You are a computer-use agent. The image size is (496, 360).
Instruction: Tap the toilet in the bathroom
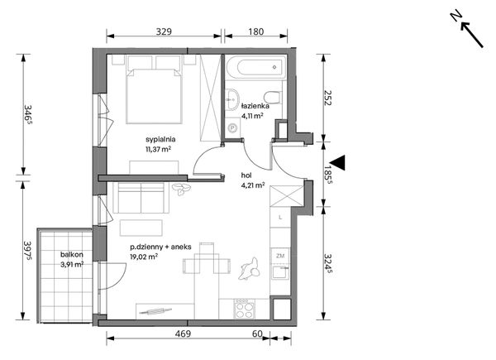[x=273, y=97]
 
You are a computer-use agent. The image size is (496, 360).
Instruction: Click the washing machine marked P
[x=233, y=128]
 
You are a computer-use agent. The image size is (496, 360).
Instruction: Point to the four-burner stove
[x=244, y=309]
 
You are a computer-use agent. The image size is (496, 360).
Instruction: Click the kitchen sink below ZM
[x=280, y=272]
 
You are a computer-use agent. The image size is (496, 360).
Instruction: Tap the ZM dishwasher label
[x=280, y=256]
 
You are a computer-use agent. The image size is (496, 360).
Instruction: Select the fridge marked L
[x=280, y=217]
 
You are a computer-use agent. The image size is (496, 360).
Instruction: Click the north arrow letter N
[x=455, y=16]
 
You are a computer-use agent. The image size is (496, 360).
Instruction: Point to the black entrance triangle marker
[x=337, y=163]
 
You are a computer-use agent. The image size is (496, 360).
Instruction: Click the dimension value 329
[x=164, y=31]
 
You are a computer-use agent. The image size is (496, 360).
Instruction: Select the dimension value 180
[x=255, y=31]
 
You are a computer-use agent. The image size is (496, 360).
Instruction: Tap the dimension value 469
[x=183, y=334]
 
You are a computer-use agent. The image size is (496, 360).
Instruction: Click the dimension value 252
[x=327, y=98]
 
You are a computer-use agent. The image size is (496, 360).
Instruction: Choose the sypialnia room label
[x=160, y=139]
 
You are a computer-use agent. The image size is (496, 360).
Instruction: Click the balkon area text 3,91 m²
[x=72, y=264]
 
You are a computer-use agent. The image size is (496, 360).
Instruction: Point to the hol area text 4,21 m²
[x=253, y=185]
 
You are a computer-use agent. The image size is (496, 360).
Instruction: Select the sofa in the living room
[x=141, y=198]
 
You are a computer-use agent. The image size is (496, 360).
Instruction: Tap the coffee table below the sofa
[x=141, y=228]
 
